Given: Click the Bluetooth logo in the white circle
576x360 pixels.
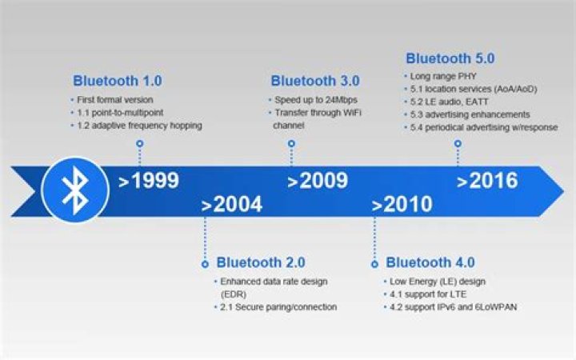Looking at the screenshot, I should [75, 189].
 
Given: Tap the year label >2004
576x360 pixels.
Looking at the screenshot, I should [231, 205].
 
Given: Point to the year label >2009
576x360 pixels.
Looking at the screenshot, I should [318, 181].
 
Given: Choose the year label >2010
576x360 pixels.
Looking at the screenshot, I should [402, 205].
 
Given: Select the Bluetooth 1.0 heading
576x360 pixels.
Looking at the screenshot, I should [117, 81].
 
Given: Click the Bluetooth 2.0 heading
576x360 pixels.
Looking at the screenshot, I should [261, 262].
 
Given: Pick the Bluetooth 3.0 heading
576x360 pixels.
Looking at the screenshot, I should [314, 81].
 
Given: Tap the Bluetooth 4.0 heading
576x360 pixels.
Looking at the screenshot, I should [430, 262].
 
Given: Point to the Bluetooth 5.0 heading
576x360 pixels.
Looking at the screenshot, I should [450, 58].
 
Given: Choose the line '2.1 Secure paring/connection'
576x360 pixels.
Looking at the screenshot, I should [278, 306].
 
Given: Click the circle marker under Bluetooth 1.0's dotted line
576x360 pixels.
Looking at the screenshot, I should [140, 144].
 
